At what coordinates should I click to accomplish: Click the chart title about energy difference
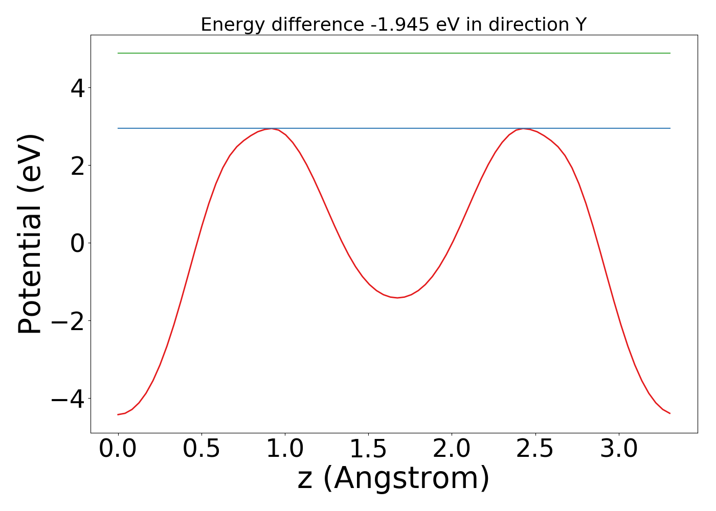pyautogui.click(x=393, y=25)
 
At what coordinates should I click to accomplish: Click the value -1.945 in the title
pyautogui.click(x=400, y=25)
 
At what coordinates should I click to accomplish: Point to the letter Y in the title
pyautogui.click(x=580, y=25)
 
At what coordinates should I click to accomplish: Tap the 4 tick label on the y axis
pyautogui.click(x=78, y=88)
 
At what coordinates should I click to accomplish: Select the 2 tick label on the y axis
pyautogui.click(x=78, y=166)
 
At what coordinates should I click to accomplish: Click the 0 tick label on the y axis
pyautogui.click(x=78, y=243)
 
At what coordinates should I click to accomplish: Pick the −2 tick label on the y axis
pyautogui.click(x=69, y=321)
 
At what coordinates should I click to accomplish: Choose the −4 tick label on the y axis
pyautogui.click(x=69, y=399)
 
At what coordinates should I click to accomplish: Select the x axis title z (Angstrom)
pyautogui.click(x=393, y=478)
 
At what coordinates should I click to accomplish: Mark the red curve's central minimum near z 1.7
pyautogui.click(x=397, y=297)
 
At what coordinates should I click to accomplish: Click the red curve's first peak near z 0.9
pyautogui.click(x=272, y=129)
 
